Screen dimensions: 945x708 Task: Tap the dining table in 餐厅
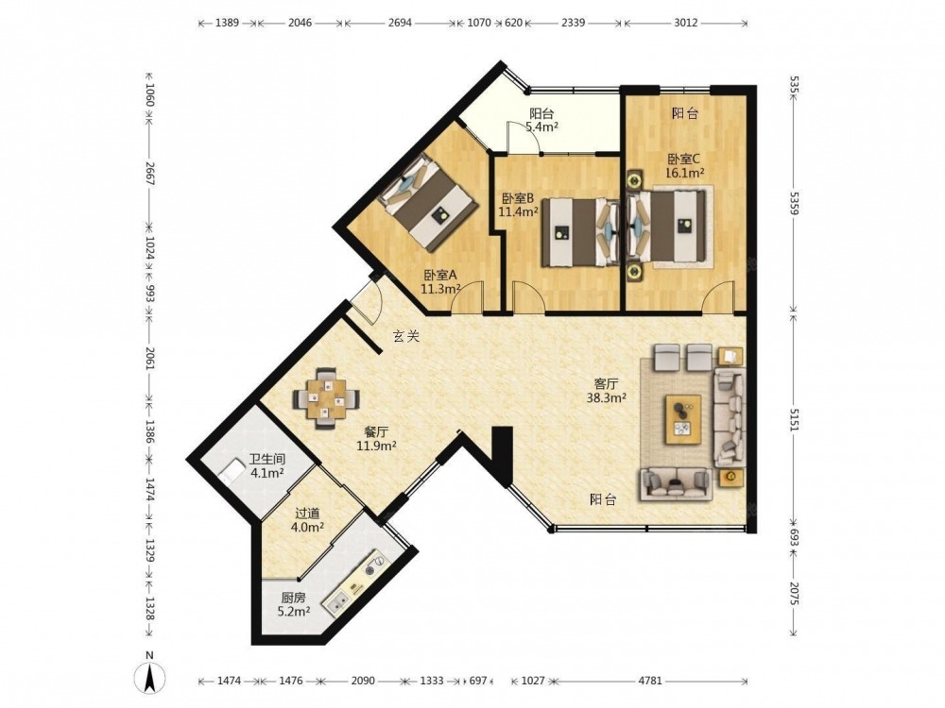327,398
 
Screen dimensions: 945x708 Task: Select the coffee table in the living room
683,419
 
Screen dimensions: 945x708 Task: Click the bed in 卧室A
429,202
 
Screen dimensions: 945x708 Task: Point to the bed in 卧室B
580,232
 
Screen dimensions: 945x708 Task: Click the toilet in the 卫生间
229,469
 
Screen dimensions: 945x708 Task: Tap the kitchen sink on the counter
336,602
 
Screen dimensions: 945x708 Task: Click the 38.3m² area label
607,397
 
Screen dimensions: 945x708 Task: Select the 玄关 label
405,336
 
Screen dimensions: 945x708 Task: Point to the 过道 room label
307,514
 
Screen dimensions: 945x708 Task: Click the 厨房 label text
294,598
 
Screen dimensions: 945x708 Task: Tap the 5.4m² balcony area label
541,126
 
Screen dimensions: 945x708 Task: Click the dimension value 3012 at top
686,23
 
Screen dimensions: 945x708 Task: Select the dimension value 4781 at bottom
650,681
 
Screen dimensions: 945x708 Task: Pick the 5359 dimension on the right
794,202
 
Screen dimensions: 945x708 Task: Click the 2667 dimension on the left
150,174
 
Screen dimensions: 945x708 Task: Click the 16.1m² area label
685,174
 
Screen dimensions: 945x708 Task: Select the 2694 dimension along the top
400,23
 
